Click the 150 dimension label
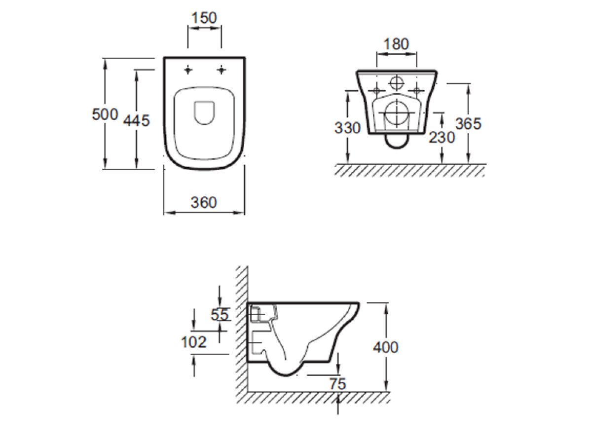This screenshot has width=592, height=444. (204, 18)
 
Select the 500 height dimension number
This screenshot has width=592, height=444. (105, 114)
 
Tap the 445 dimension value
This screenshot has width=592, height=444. (136, 120)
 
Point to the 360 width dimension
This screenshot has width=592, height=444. (203, 202)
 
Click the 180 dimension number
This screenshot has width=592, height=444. (396, 44)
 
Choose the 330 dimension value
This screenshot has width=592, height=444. (347, 128)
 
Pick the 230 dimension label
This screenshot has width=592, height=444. (442, 137)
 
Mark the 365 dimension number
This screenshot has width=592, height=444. (468, 124)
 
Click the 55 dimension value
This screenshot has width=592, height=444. (220, 315)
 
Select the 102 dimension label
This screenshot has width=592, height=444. (194, 341)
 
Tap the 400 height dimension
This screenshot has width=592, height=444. (386, 347)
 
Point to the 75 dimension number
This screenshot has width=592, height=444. (338, 383)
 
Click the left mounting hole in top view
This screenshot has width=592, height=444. (188, 70)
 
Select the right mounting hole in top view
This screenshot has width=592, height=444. (222, 70)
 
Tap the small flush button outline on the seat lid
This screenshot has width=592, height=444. (204, 112)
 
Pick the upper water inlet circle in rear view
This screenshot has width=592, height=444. (396, 83)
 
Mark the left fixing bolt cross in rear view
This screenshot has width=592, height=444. (376, 90)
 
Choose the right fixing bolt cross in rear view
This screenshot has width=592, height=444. (417, 90)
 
